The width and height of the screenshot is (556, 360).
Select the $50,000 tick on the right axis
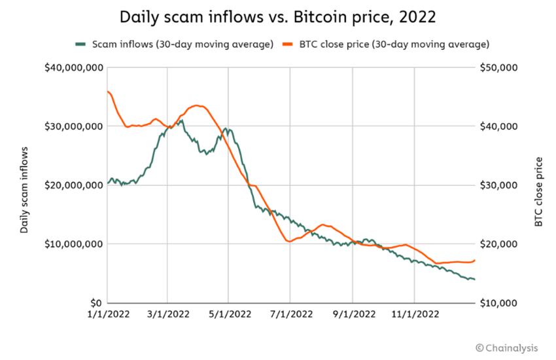(x=500, y=67)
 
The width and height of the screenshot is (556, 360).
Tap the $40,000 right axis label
(x=500, y=126)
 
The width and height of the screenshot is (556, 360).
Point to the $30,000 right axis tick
(x=500, y=185)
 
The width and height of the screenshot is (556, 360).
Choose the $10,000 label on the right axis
(x=500, y=303)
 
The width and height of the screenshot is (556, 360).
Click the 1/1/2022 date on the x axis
(x=106, y=314)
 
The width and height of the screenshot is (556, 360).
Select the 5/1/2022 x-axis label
(x=228, y=314)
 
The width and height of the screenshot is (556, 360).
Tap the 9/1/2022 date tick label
(x=353, y=314)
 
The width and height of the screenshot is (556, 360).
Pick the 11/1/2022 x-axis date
(x=415, y=314)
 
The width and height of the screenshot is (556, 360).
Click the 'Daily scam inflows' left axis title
(x=24, y=190)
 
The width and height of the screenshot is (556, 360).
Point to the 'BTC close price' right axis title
(x=538, y=192)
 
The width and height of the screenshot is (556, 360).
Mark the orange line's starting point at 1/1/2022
(x=107, y=91)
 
